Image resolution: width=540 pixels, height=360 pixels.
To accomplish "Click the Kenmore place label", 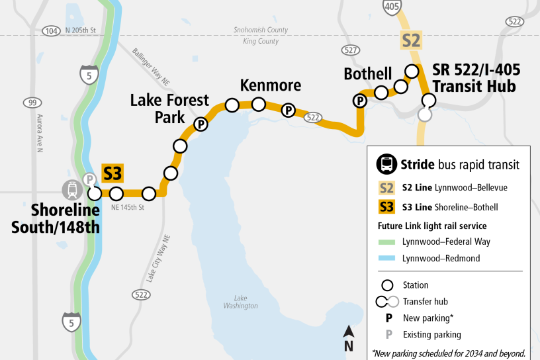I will [x=270, y=85].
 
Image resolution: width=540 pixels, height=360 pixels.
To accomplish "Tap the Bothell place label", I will [x=367, y=73].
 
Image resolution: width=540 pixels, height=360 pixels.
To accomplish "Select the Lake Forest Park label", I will [x=169, y=109].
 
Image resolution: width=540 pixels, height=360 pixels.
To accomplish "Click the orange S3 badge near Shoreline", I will [x=112, y=173].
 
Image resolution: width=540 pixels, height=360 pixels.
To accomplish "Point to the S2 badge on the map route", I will [x=411, y=40].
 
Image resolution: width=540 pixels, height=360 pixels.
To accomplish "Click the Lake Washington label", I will [x=240, y=302].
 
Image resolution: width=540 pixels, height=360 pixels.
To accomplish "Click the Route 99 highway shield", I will [x=31, y=103].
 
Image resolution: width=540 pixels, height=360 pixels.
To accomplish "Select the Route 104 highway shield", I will [x=50, y=30].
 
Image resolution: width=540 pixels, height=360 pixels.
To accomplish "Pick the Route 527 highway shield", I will [x=350, y=50].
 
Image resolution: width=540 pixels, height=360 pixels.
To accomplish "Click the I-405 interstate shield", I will [x=391, y=7].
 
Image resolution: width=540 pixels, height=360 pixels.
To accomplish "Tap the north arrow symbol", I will [x=348, y=338].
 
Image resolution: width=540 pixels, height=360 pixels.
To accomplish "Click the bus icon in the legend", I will [x=386, y=164].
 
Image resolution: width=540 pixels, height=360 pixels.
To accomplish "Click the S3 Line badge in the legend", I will [x=386, y=207].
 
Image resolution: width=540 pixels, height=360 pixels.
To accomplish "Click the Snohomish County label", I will [x=260, y=30].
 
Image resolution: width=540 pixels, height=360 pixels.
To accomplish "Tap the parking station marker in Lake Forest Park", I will [x=200, y=124].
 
